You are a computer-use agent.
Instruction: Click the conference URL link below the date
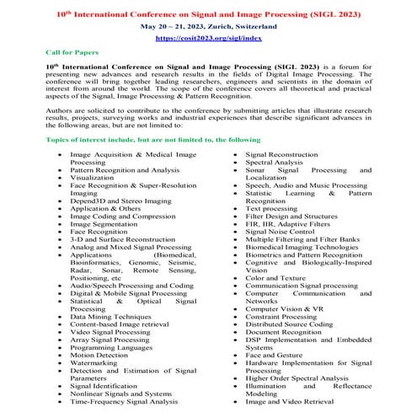(x=209, y=38)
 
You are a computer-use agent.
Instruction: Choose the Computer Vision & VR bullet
(x=285, y=310)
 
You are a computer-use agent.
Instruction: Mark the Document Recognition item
(x=287, y=332)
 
